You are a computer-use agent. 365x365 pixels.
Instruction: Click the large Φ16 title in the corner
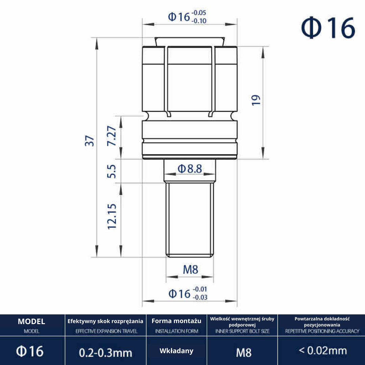click(x=328, y=28)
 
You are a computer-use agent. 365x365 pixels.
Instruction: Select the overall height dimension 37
click(x=90, y=141)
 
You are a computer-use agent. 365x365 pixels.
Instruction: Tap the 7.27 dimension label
click(x=112, y=136)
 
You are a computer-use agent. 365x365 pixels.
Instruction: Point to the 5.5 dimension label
click(x=112, y=171)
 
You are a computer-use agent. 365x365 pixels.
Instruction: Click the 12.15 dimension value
click(x=112, y=217)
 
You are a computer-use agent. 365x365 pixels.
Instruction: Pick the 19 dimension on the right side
click(x=256, y=100)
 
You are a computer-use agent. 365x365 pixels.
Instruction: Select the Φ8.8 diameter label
click(x=190, y=169)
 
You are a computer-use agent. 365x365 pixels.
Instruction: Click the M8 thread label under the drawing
click(x=190, y=270)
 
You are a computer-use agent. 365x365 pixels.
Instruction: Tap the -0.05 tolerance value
click(x=199, y=13)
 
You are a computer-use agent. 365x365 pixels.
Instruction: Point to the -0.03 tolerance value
click(x=200, y=297)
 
